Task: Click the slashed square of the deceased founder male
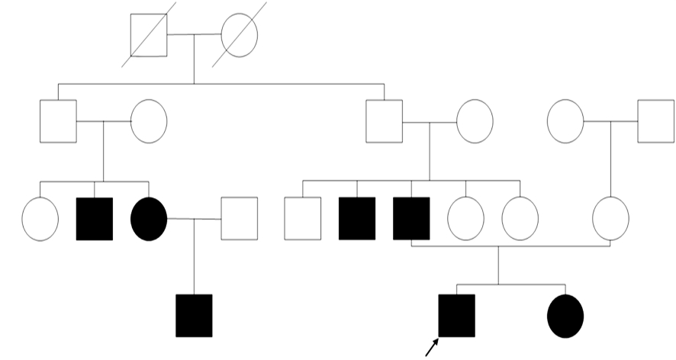pyautogui.click(x=149, y=35)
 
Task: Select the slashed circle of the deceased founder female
pyautogui.click(x=239, y=34)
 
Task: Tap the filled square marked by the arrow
pyautogui.click(x=456, y=315)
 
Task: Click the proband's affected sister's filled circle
pyautogui.click(x=565, y=315)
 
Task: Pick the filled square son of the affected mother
pyautogui.click(x=194, y=315)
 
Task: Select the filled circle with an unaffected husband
pyautogui.click(x=149, y=219)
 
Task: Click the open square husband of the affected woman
pyautogui.click(x=239, y=218)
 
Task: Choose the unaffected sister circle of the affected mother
pyautogui.click(x=40, y=219)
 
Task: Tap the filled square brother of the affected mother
pyautogui.click(x=95, y=219)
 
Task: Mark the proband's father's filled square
pyautogui.click(x=411, y=219)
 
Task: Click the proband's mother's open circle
pyautogui.click(x=610, y=217)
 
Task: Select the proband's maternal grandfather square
pyautogui.click(x=655, y=121)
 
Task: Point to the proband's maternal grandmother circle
pyautogui.click(x=565, y=121)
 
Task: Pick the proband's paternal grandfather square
pyautogui.click(x=384, y=121)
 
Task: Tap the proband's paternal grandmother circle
pyautogui.click(x=475, y=121)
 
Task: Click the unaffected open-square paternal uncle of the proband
pyautogui.click(x=302, y=219)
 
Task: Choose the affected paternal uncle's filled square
pyautogui.click(x=357, y=219)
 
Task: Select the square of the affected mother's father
pyautogui.click(x=58, y=121)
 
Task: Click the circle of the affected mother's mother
pyautogui.click(x=149, y=121)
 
